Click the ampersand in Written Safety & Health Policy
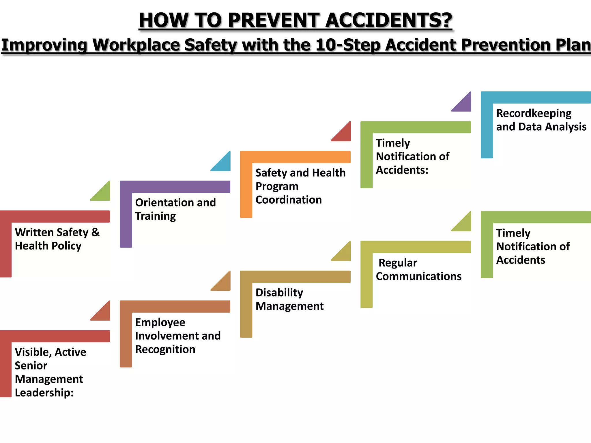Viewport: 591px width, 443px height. click(95, 232)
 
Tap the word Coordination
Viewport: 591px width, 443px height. click(289, 200)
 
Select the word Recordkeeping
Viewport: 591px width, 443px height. click(534, 114)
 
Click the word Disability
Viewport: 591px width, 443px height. click(279, 293)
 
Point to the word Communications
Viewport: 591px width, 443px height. click(418, 276)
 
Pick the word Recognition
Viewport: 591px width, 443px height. click(165, 349)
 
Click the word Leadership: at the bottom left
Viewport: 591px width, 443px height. click(44, 393)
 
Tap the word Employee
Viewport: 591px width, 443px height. click(160, 322)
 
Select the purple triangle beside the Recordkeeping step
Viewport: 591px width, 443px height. click(465, 104)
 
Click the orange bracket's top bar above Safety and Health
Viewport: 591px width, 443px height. click(295, 157)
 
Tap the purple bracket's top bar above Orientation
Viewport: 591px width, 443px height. click(175, 187)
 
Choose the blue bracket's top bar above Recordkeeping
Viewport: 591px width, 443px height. click(536, 97)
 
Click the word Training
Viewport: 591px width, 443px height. click(155, 216)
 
